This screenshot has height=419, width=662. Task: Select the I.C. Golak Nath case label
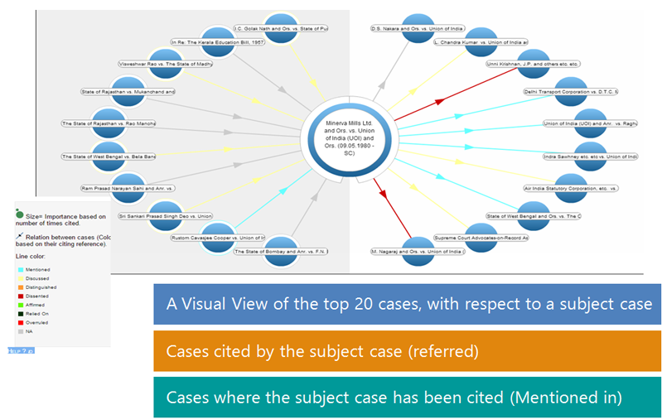coord(281,28)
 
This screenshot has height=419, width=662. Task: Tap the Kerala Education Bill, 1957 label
coord(217,41)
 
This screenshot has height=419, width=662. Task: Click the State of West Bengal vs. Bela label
coord(109,156)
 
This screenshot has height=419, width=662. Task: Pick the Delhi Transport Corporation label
coord(571,91)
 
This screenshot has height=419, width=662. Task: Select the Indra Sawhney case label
coord(590,156)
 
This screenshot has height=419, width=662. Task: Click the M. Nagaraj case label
coord(418,251)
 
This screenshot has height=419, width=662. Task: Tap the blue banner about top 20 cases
coord(407,304)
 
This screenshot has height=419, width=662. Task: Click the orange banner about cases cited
coord(407,351)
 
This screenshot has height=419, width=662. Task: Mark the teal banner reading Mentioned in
coord(407,397)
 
